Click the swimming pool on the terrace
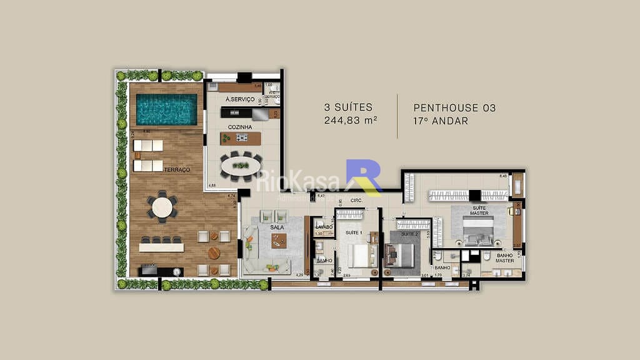point(166,109)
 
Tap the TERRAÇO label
point(177,170)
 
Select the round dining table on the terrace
point(162,207)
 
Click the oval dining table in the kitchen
point(241,166)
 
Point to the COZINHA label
point(240,127)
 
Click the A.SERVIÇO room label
point(240,100)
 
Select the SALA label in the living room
point(277,228)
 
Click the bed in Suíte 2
point(402,255)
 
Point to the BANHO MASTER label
point(505,257)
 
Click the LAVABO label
point(324,227)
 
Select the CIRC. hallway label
point(357,201)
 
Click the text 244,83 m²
point(350,121)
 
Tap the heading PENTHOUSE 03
point(454,107)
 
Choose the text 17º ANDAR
point(441,121)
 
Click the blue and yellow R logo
point(364,177)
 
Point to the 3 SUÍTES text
point(348,107)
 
